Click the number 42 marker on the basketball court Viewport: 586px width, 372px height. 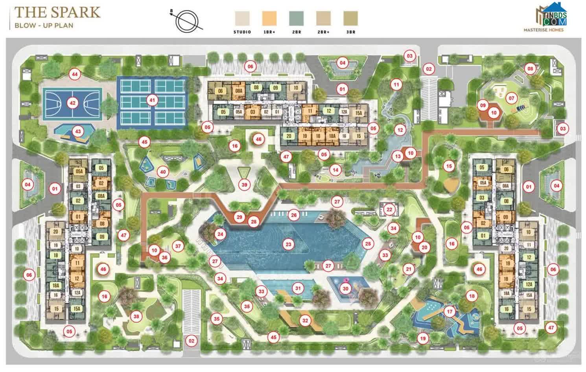72,103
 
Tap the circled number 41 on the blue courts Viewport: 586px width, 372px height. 152,100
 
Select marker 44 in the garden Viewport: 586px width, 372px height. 74,74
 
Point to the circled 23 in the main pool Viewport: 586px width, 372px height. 288,244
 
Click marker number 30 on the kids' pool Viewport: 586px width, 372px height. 345,289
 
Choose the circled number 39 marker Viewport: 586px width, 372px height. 244,185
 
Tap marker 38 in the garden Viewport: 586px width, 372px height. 136,317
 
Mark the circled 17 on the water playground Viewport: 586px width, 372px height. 450,312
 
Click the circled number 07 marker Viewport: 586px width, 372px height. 511,98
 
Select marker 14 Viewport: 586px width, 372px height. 335,170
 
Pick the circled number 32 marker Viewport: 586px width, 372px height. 305,320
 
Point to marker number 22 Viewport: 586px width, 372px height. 389,210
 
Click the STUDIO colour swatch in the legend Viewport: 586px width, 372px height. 242,18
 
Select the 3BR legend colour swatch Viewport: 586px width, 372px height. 350,18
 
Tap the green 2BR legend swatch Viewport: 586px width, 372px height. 296,18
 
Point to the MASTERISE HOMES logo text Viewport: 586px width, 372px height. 544,29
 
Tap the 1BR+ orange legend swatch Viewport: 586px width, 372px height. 269,18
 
